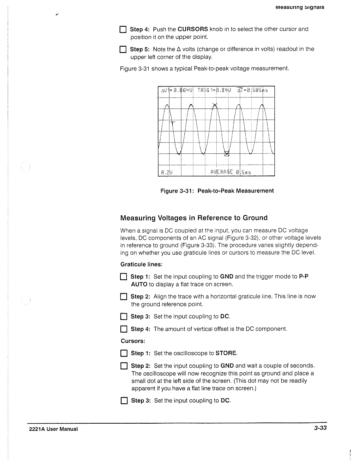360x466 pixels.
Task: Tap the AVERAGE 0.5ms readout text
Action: pyautogui.click(x=230, y=172)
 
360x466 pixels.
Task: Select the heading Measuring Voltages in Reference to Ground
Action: pyautogui.click(x=194, y=218)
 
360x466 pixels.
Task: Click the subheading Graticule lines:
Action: pyautogui.click(x=141, y=265)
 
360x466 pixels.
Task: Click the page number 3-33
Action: pyautogui.click(x=319, y=428)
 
